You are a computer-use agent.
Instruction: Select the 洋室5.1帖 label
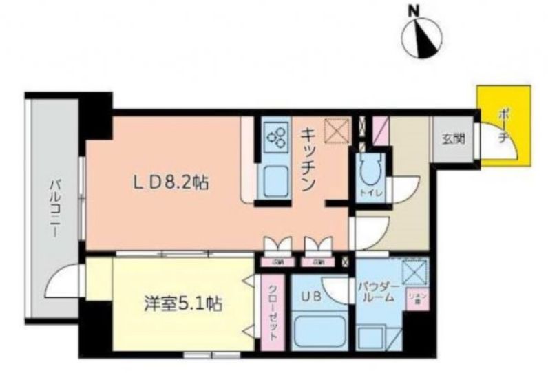[x=182, y=303]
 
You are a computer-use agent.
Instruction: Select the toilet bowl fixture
[x=366, y=169]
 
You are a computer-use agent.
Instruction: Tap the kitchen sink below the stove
[x=275, y=180]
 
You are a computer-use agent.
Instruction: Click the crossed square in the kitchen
[x=337, y=131]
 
